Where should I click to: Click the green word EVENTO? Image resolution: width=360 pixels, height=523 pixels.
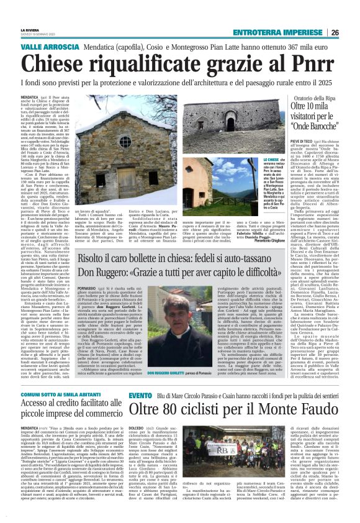coord(140,394)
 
